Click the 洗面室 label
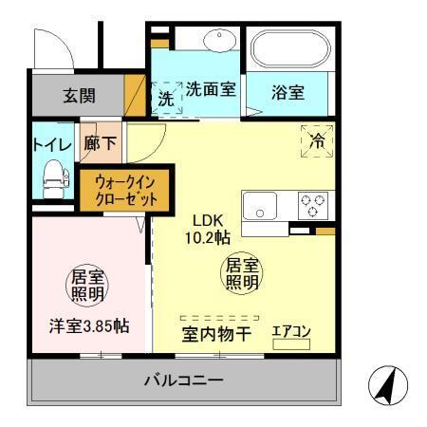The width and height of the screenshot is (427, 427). pos(211,94)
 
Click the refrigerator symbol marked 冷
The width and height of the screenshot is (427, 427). pos(317,140)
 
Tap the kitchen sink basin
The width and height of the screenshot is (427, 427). pos(259,206)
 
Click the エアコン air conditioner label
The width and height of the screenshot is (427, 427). pos(291,331)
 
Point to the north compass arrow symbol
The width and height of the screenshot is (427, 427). pos(387,385)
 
